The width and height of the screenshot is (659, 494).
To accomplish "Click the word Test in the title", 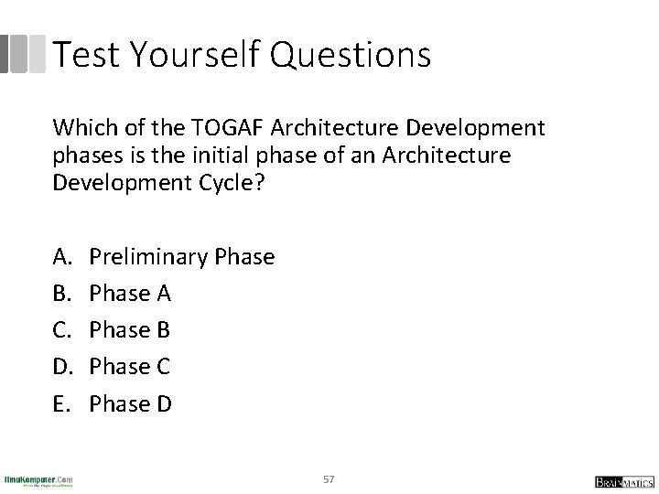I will [87, 55].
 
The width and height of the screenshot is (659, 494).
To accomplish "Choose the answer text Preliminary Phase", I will [182, 257].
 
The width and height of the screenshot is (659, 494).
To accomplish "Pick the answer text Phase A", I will [130, 294].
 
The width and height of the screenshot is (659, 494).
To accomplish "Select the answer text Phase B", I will [130, 330].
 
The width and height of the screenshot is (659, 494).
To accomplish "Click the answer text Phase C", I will [130, 367].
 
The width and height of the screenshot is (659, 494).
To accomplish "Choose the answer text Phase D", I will [131, 403].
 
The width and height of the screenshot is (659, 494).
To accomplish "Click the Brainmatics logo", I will [621, 480].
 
